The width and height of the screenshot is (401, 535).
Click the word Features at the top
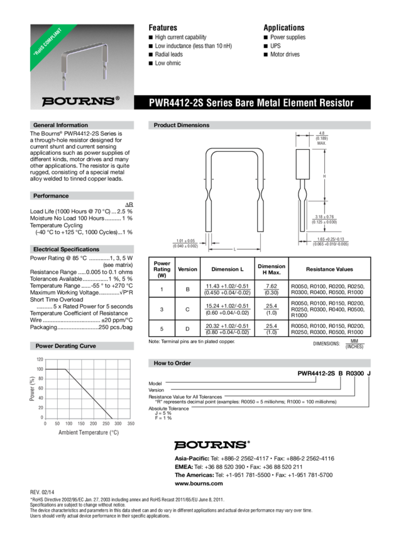tap(162, 28)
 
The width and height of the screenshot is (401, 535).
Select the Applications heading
tap(283, 28)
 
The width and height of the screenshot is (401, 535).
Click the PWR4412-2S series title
tap(251, 103)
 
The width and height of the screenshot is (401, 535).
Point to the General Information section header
tap(60, 125)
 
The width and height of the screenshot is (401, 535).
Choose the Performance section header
tap(51, 196)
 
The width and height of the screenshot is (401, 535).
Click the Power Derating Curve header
tap(65, 346)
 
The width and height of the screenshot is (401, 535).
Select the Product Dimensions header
tap(182, 125)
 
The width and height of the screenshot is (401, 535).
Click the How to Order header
tap(172, 363)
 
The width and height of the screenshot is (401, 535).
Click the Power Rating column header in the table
tap(162, 268)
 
